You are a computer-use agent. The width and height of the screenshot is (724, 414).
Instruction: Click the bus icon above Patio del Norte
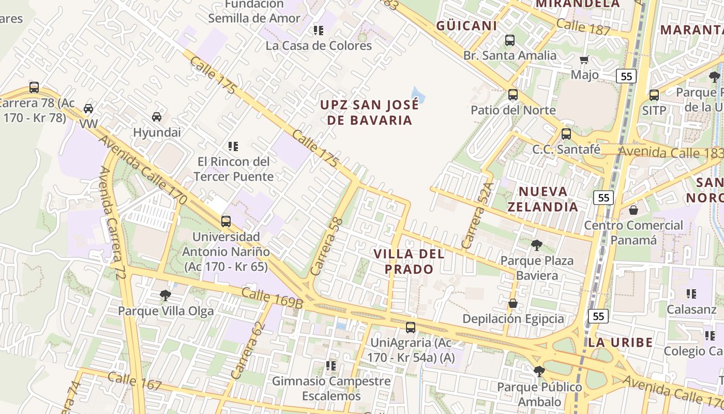(x=513, y=94)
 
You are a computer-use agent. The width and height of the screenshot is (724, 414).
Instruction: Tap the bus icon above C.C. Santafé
(x=566, y=134)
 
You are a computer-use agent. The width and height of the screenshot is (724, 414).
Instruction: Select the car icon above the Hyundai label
(x=157, y=117)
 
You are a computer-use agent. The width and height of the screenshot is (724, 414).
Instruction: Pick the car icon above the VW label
(x=88, y=109)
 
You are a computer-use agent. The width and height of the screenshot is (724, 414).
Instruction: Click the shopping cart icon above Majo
(x=584, y=60)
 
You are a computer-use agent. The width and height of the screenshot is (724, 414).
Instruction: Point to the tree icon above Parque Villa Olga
(x=165, y=295)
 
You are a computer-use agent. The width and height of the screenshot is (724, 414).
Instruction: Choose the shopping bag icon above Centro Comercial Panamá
(x=633, y=210)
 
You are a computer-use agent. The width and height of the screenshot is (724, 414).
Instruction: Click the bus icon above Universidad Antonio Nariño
(x=226, y=221)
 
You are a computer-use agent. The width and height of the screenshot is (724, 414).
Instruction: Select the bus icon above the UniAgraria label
(x=411, y=327)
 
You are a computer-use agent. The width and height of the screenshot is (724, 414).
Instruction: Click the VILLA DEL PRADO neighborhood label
(x=409, y=261)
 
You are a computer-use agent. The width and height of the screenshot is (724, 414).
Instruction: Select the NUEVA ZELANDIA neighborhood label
(x=542, y=199)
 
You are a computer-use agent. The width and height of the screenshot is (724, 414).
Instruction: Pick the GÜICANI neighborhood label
(x=466, y=25)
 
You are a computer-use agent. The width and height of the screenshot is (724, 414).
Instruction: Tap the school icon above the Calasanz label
(x=691, y=294)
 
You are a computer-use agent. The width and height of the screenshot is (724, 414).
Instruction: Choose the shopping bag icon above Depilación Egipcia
(x=513, y=303)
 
